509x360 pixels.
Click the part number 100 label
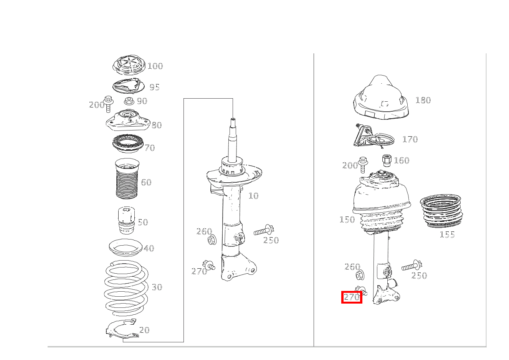click(x=155, y=66)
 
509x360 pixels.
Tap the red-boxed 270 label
click(x=352, y=297)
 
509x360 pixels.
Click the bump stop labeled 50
click(x=127, y=220)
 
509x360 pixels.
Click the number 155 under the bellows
click(x=447, y=234)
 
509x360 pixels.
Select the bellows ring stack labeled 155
click(x=441, y=211)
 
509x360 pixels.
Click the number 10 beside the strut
click(x=253, y=196)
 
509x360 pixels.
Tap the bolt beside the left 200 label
click(x=108, y=104)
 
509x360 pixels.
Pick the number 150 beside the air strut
click(x=347, y=220)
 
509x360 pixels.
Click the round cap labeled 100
click(x=129, y=65)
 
